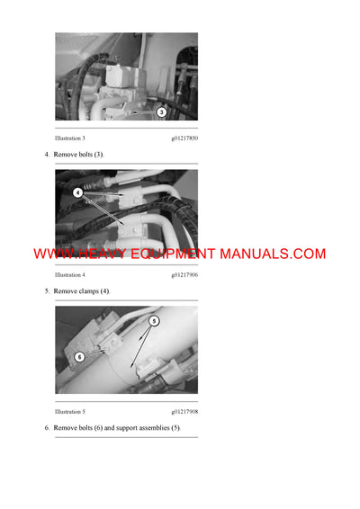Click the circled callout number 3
161,112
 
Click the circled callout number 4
78,192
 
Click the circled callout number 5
154,320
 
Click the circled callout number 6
78,356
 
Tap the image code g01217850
184,138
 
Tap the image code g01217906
184,274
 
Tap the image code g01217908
184,411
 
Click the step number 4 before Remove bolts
47,155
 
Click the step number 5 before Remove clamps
47,291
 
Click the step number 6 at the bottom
47,427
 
